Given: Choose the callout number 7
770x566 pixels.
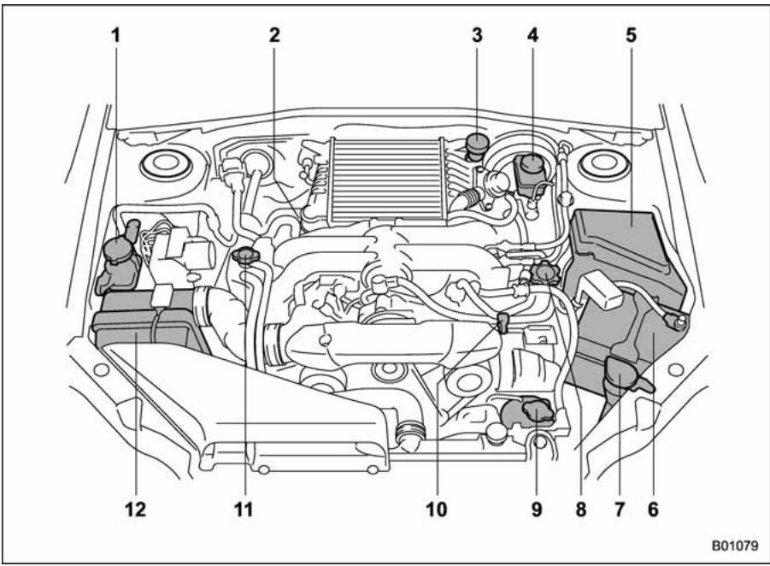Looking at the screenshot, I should (x=618, y=510).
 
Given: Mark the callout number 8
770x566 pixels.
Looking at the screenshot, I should (x=581, y=510).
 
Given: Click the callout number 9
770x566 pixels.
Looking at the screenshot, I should (x=536, y=510).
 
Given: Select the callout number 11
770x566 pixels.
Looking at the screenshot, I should (x=248, y=510).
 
